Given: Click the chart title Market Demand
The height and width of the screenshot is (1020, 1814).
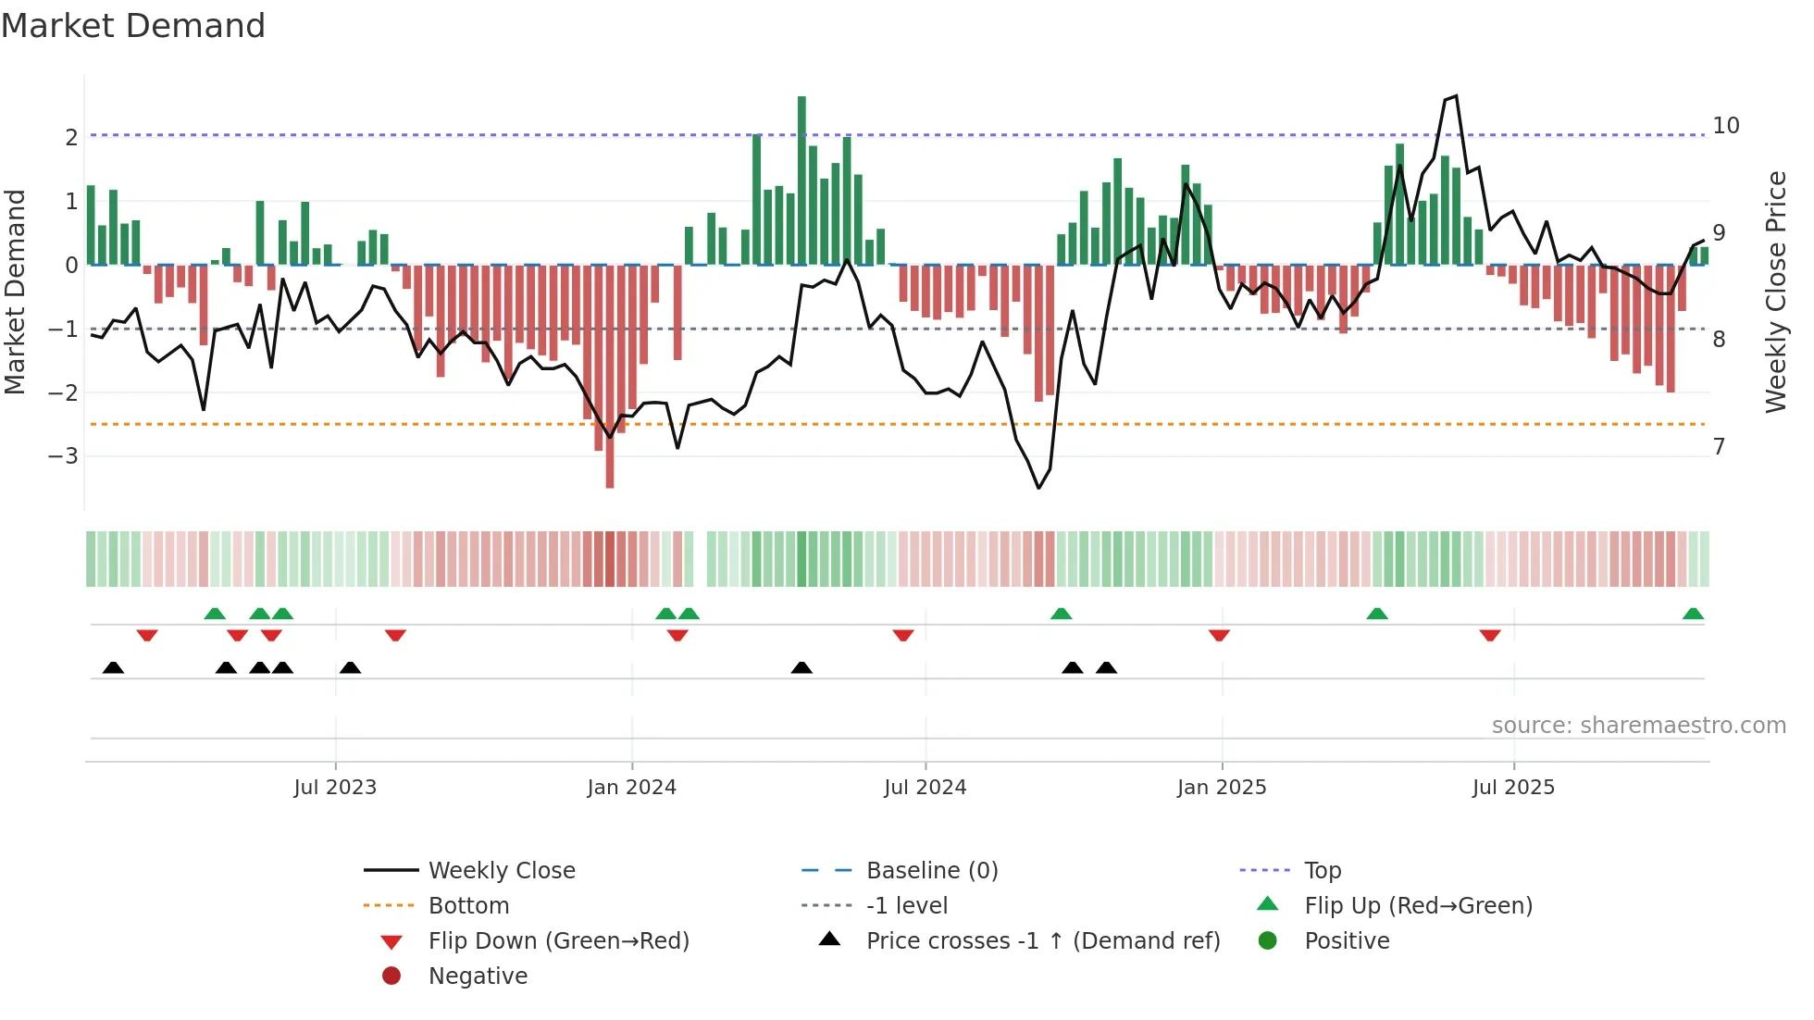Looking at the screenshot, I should pos(133,26).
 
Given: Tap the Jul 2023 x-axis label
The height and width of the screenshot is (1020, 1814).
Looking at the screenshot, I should pos(335,788).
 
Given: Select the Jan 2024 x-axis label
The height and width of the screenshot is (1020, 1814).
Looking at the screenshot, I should pos(632,788).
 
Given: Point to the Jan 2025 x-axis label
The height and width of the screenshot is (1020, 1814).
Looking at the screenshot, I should pos(1222,788).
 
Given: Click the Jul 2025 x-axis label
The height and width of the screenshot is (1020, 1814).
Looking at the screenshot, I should pos(1514,788).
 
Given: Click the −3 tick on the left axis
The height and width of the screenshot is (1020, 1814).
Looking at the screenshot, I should pos(63,456).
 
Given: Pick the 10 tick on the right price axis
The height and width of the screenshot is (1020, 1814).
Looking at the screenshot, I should pos(1725,126).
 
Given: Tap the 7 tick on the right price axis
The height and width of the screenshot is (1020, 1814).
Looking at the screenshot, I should pos(1719,447).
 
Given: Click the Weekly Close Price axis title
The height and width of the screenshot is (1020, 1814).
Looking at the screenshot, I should pos(1775,292).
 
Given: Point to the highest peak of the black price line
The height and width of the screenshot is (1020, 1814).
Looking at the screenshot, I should pos(1456,96).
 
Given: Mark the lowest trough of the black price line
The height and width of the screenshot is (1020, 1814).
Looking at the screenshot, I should pos(1038,487).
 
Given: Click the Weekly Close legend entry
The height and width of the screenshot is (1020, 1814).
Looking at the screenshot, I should pos(501,870).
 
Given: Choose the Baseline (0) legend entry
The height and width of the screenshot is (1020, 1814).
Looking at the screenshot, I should pos(931,870).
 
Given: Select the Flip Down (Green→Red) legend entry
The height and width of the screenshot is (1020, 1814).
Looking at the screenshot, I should pos(558,941).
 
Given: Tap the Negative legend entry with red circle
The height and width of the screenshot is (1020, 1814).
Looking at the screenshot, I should pos(478,976).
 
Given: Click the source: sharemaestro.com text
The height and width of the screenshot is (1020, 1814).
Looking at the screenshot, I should pos(1638,726).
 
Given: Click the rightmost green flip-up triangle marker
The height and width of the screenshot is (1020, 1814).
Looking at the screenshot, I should pos(1693,614).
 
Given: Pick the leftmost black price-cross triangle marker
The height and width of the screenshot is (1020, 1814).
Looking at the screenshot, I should pos(113,667).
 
